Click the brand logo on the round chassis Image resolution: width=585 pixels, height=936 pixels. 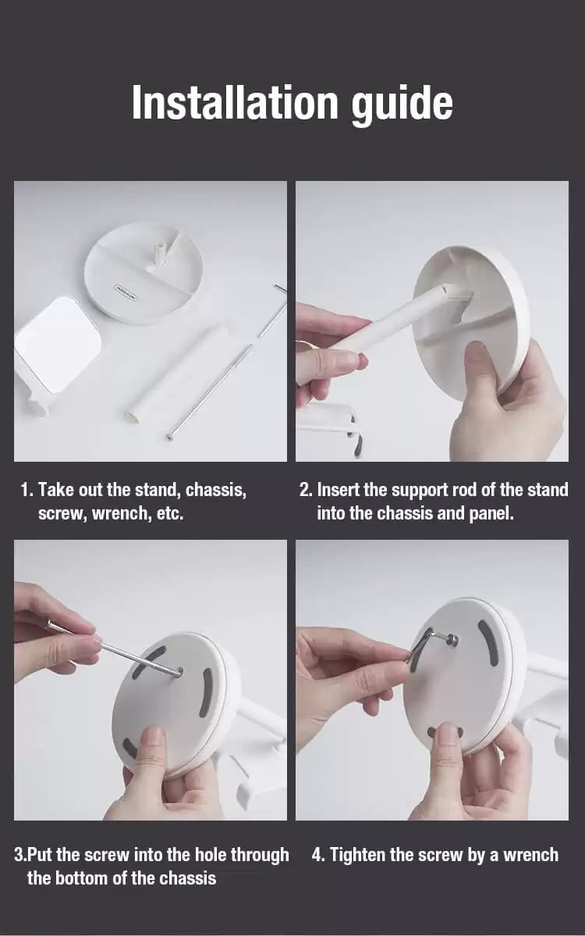pyautogui.click(x=127, y=288)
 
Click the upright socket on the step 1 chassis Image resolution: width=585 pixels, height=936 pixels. pyautogui.click(x=160, y=251)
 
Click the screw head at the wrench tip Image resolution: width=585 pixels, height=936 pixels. pyautogui.click(x=451, y=639)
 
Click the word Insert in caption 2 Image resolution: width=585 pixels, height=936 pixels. pyautogui.click(x=339, y=491)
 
